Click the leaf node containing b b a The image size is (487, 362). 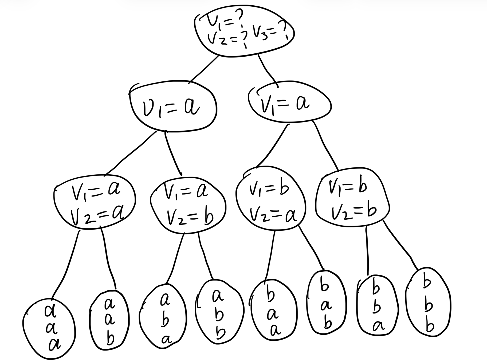(376, 307)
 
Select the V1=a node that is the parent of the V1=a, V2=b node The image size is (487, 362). (173, 107)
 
